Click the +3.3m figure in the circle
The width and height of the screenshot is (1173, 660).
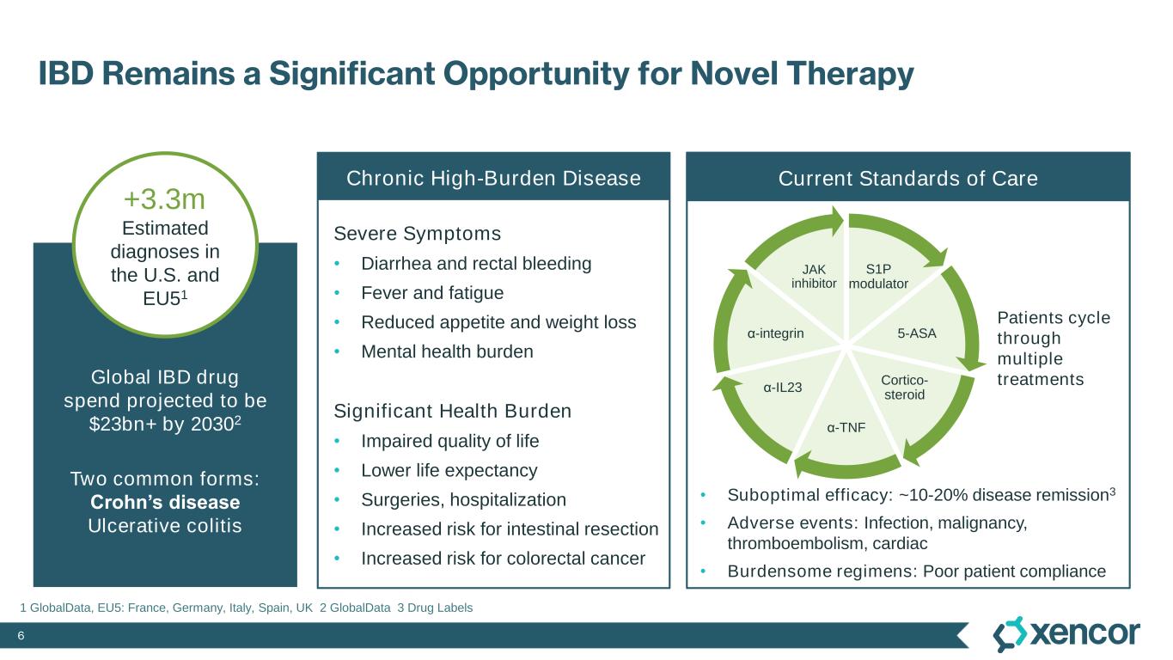[x=164, y=199]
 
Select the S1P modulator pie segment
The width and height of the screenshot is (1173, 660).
[x=878, y=276]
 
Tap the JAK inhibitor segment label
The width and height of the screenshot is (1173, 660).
[x=814, y=276]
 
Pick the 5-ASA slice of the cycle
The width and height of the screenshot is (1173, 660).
[x=917, y=333]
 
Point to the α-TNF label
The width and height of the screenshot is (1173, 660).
[x=846, y=425]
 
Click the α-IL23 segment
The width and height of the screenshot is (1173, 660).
[x=782, y=387]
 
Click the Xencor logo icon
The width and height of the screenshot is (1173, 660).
[x=1011, y=634]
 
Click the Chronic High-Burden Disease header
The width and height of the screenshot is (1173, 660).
[x=493, y=178]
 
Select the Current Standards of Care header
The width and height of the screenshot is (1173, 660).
[x=907, y=178]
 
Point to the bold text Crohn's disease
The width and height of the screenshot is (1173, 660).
[x=165, y=502]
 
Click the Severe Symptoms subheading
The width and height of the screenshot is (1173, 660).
[x=417, y=234]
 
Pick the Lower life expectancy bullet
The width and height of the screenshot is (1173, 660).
[x=449, y=470]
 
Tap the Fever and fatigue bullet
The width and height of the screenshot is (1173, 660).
[x=432, y=292]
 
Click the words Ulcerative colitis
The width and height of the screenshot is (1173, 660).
[x=165, y=525]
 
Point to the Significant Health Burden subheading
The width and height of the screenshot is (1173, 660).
[x=452, y=411]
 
